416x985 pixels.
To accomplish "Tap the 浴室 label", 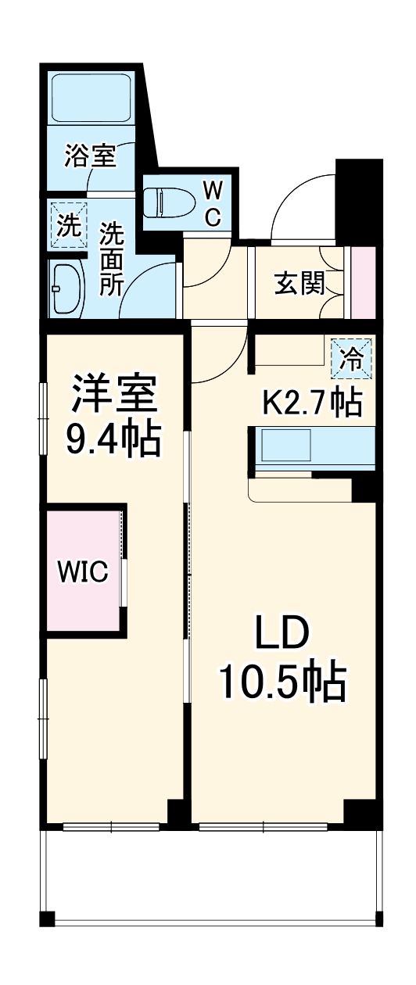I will [91, 156].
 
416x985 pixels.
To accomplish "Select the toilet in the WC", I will [167, 202].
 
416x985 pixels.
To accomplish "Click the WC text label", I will [213, 203].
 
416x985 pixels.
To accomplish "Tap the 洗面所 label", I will [111, 258].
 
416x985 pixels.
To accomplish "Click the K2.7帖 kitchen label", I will [311, 402].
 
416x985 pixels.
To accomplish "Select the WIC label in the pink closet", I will [81, 571].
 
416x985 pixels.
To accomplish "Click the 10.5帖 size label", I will [282, 682].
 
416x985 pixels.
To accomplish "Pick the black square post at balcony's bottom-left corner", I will [48, 919].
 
